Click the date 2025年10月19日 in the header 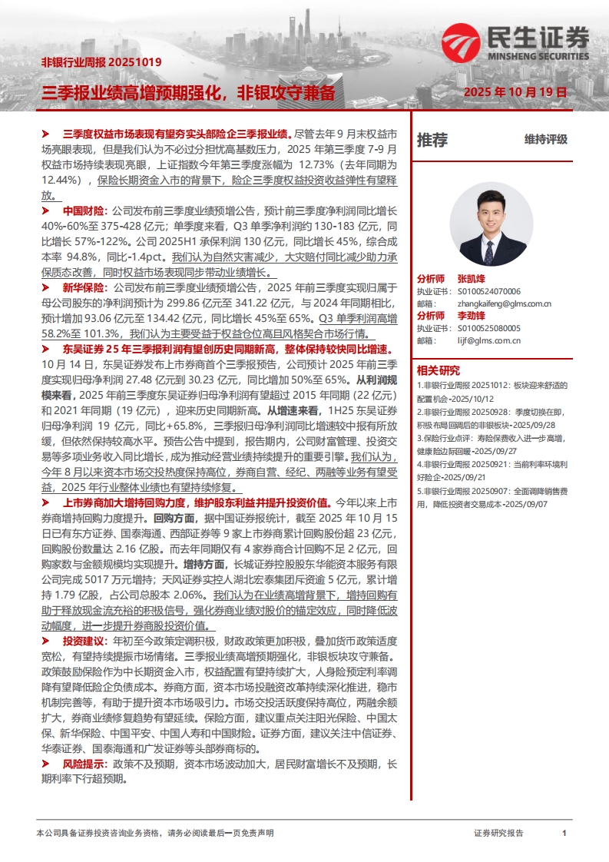pyautogui.click(x=515, y=92)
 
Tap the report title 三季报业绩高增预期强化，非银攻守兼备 pyautogui.click(x=188, y=93)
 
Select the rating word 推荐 pyautogui.click(x=432, y=140)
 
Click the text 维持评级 pyautogui.click(x=546, y=140)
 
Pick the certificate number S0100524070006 pyautogui.click(x=489, y=291)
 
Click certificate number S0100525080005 pyautogui.click(x=489, y=328)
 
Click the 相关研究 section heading pyautogui.click(x=438, y=370)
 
